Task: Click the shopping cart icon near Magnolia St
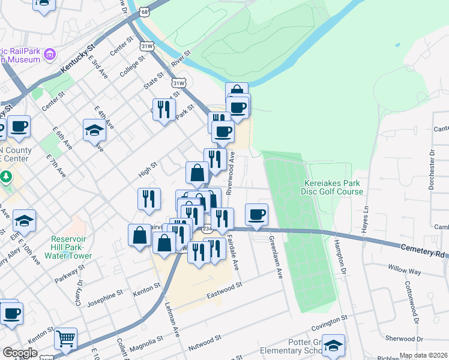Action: tap(65, 338)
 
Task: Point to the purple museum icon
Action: tap(49, 55)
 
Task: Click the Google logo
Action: tap(20, 353)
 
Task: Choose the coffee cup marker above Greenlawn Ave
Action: tap(256, 215)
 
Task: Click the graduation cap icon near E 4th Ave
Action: tap(94, 130)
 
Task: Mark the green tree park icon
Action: tap(6, 177)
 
